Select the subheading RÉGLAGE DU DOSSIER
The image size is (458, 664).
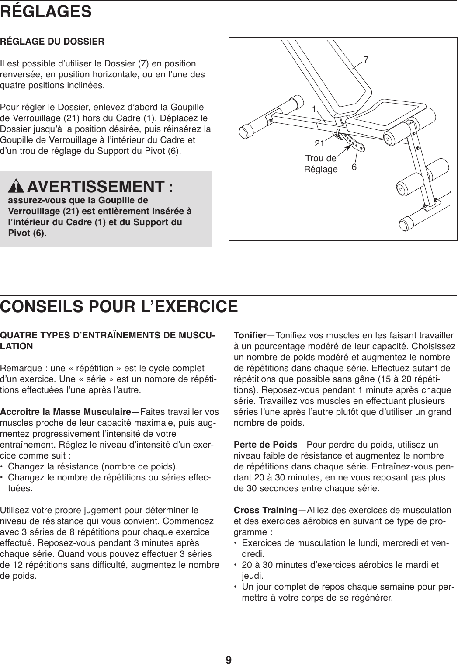52,42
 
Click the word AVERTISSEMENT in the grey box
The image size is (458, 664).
94,188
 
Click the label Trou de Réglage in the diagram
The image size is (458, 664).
321,163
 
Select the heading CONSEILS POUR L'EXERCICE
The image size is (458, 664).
119,306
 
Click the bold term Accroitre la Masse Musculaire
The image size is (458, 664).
66,412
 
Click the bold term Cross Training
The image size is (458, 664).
266,511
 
